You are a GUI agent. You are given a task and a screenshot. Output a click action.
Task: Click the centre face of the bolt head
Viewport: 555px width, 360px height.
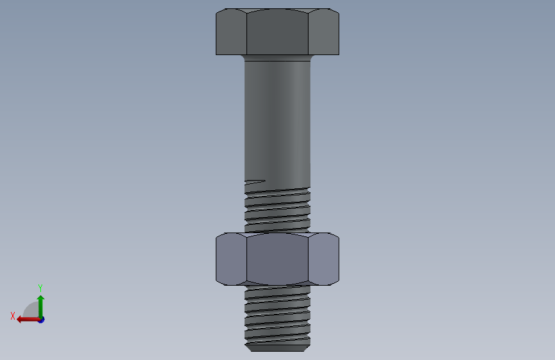pyautogui.click(x=277, y=32)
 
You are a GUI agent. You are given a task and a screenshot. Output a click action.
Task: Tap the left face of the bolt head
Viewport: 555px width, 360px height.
pyautogui.click(x=231, y=32)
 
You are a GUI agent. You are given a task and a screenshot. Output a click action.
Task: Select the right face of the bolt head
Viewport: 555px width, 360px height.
pyautogui.click(x=323, y=32)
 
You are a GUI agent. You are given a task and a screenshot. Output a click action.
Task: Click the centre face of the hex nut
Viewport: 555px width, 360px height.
pyautogui.click(x=277, y=259)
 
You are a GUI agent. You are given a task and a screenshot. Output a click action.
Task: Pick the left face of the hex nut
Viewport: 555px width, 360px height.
pyautogui.click(x=231, y=259)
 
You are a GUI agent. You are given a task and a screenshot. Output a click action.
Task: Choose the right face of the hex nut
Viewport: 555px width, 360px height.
pyautogui.click(x=323, y=259)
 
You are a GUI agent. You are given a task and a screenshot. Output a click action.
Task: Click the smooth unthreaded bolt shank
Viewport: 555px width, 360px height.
pyautogui.click(x=278, y=120)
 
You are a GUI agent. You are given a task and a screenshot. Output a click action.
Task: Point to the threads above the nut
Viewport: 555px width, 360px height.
pyautogui.click(x=278, y=209)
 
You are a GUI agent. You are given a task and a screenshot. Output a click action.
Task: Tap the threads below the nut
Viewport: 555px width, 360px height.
pyautogui.click(x=278, y=315)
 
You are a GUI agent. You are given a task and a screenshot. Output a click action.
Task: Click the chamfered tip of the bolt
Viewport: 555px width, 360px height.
pyautogui.click(x=278, y=348)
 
